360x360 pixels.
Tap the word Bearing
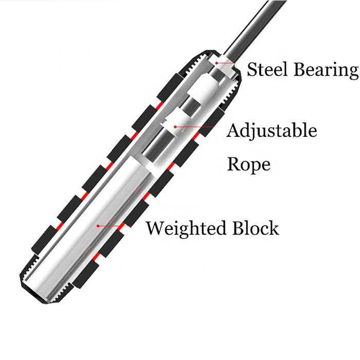click(328, 70)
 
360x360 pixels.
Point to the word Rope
click(248, 165)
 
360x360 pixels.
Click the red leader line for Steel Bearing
click(232, 66)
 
